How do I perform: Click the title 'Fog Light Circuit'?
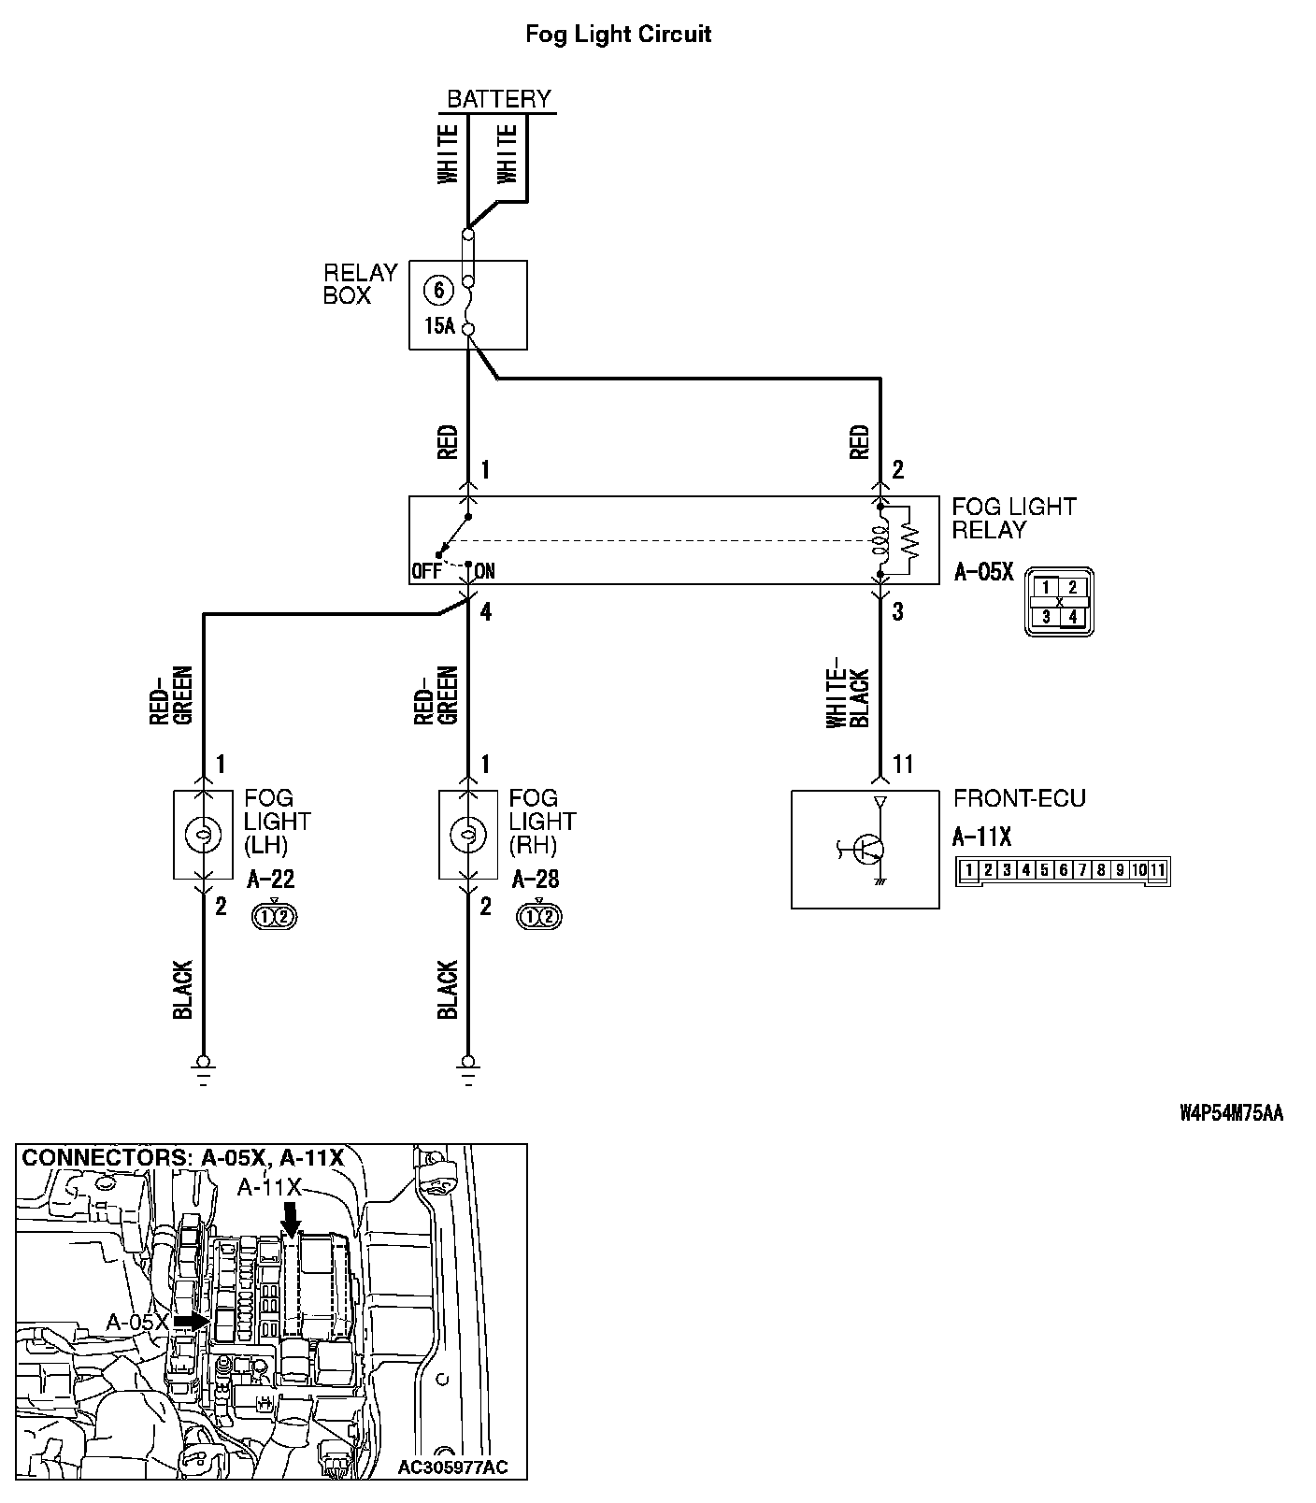pos(618,35)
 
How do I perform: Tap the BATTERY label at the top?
pos(499,98)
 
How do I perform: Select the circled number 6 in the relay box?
pos(438,289)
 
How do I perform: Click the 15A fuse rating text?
pos(438,326)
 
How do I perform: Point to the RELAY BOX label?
pos(360,284)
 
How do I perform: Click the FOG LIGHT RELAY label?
pos(1013,518)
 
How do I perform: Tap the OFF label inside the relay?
pos(425,571)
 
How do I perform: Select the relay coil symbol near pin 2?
pos(880,541)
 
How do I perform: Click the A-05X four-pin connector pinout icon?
pos(1059,602)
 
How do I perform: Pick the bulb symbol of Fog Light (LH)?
pos(203,834)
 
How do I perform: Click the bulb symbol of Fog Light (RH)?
pos(468,834)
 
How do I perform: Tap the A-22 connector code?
pos(271,880)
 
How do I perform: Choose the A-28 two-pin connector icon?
pos(537,916)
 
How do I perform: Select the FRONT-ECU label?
pos(1019,798)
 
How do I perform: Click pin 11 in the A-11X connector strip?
pos(1157,870)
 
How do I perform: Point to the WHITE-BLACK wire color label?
pos(848,698)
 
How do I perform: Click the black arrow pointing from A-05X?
pos(193,1322)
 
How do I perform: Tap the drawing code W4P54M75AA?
pos(1231,1113)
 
